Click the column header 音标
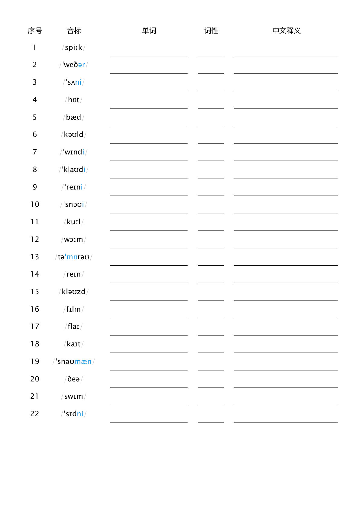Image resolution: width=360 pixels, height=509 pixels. coord(74,31)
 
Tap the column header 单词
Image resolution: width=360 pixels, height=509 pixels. coord(149,31)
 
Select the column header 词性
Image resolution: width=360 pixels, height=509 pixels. coord(211,31)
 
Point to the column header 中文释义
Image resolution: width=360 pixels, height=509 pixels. coord(286,31)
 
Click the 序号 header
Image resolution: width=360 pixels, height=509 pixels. coord(35,31)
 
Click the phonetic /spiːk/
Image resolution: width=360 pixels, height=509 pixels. coord(73,47)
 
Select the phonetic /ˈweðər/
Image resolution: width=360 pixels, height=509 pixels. coord(73,65)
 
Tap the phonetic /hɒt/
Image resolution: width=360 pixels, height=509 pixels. coord(73,100)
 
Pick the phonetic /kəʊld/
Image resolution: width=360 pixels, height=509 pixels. coord(73,135)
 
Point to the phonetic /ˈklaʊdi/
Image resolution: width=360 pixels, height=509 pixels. coord(73,170)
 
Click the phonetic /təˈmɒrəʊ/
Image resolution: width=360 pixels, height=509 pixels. coord(73,257)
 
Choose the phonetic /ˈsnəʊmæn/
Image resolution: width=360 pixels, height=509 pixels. coord(73,361)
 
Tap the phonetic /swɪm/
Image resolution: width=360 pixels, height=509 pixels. coord(73,396)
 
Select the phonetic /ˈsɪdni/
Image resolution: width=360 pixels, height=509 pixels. coord(73,414)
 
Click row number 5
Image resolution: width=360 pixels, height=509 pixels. coord(35,117)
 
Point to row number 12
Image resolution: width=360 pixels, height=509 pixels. coord(35,239)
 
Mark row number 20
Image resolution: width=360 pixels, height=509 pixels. coord(35,379)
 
